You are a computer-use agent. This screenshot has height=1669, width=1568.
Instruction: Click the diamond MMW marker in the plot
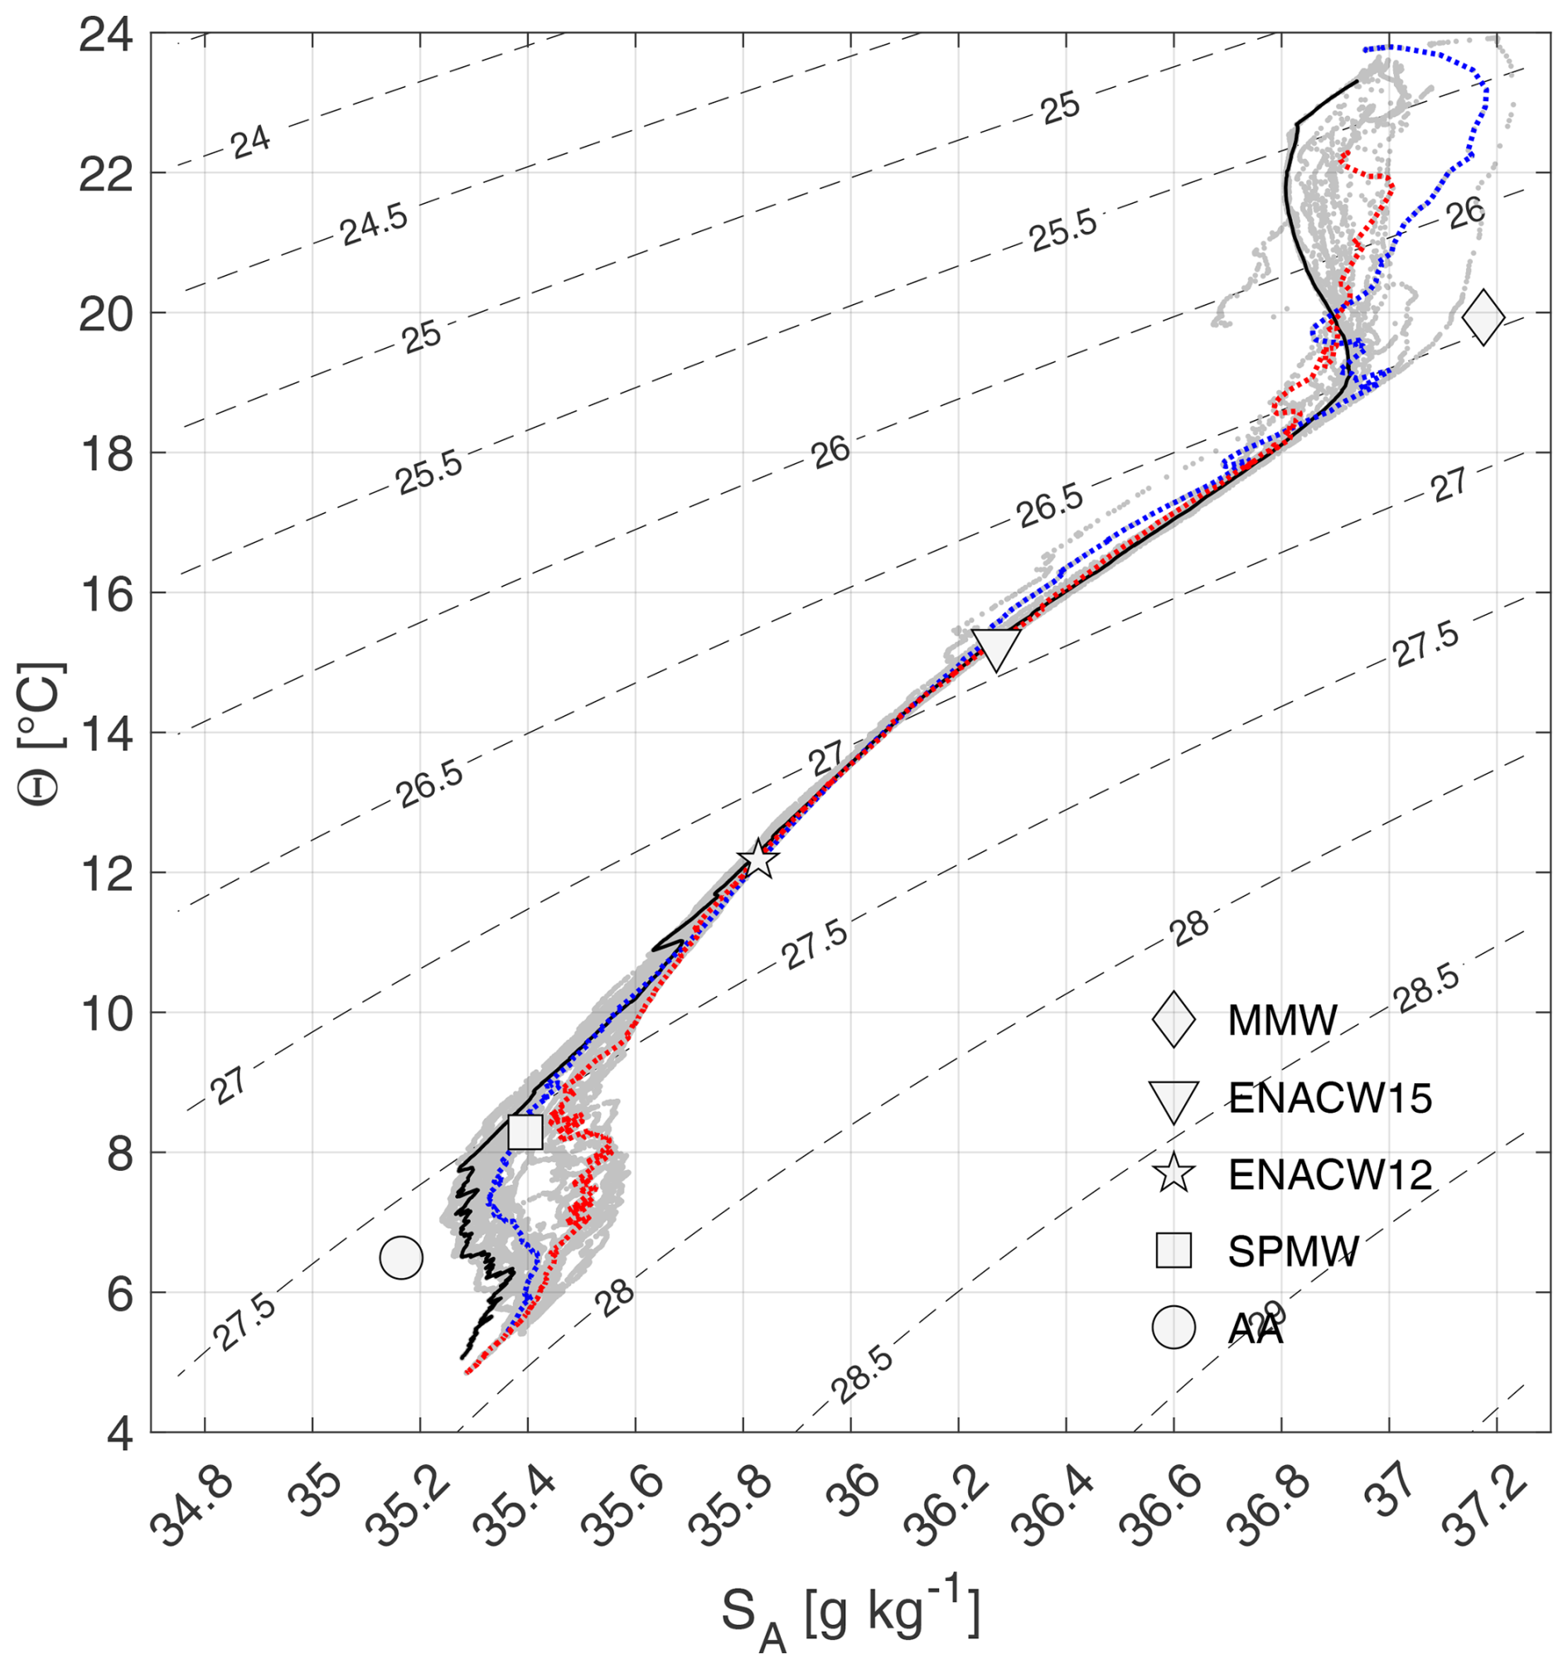[x=1483, y=317]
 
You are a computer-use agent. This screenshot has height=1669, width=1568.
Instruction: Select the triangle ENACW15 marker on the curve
[x=996, y=647]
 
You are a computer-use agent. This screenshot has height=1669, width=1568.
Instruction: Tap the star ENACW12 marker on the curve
[x=758, y=859]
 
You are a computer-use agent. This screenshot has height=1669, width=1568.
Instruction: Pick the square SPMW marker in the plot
[x=525, y=1131]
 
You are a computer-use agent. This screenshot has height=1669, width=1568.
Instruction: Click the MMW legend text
[x=1282, y=1020]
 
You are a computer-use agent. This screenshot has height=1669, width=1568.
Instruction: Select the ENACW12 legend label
[x=1329, y=1175]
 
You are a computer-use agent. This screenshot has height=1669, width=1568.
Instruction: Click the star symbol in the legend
[x=1174, y=1174]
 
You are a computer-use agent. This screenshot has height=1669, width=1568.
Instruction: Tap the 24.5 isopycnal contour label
[x=375, y=225]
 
